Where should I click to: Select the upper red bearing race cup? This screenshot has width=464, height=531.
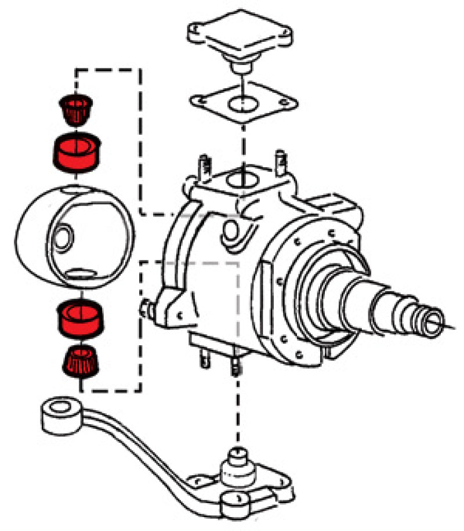[x=78, y=151]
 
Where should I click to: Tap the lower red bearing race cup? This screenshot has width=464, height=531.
[x=78, y=319]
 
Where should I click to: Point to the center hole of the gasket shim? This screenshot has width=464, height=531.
[x=242, y=104]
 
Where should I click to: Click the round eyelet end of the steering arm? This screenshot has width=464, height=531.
[x=58, y=413]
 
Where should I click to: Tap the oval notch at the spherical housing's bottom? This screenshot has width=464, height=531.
[x=79, y=272]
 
